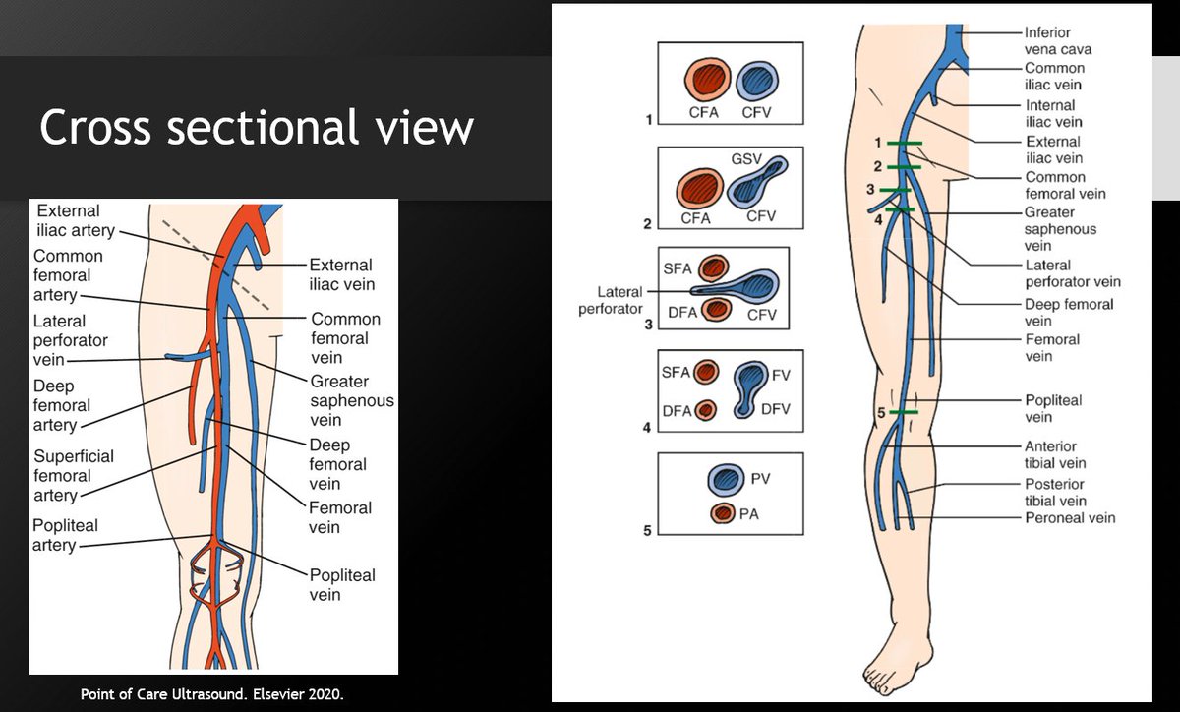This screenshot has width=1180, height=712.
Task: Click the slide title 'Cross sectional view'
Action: click(257, 128)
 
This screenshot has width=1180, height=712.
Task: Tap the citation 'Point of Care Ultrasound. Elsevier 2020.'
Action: click(212, 695)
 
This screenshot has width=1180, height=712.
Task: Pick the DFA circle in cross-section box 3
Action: click(717, 310)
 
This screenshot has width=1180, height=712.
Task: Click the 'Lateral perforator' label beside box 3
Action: click(619, 300)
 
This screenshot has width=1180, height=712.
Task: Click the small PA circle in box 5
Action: click(724, 512)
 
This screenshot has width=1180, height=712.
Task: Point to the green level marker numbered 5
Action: click(904, 412)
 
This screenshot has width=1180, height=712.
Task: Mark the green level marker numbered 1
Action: click(903, 145)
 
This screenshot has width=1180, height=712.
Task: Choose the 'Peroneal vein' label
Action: click(1070, 518)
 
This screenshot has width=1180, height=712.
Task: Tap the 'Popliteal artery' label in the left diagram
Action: click(66, 535)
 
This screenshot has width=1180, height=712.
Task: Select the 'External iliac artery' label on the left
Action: click(76, 221)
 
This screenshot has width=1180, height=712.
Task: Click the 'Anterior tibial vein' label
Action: click(1055, 454)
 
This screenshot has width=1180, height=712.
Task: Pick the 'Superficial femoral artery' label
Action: click(74, 476)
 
